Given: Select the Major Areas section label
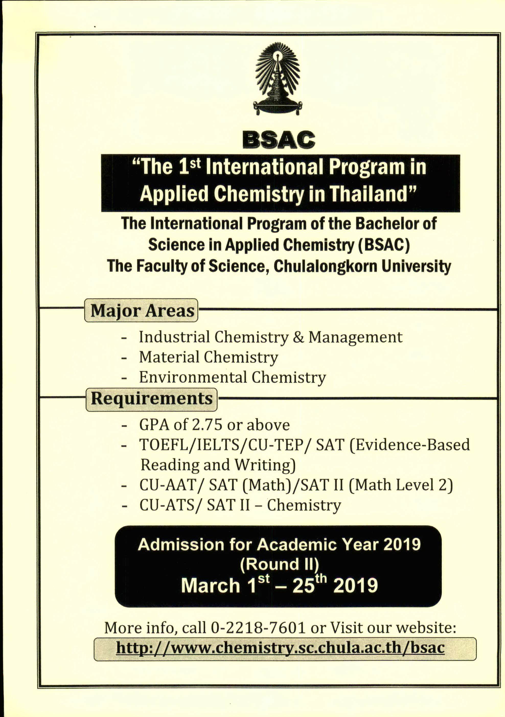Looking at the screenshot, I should click(142, 310).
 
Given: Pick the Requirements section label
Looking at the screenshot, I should click(152, 399).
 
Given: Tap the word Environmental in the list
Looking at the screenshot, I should click(193, 377).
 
